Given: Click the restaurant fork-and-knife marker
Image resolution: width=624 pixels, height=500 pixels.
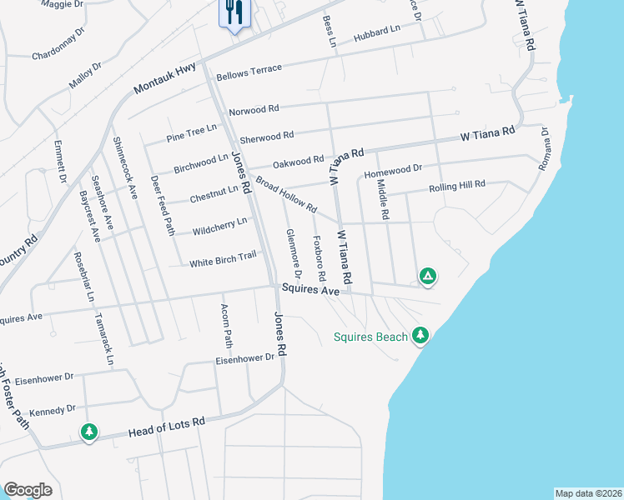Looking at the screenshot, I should pos(234,12).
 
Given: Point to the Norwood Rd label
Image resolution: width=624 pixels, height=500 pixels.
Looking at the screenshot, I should pos(254,110).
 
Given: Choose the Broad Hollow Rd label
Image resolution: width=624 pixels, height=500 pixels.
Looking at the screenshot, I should pos(286,194).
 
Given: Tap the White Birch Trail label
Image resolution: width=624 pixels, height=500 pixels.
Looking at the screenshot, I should pos(223,259).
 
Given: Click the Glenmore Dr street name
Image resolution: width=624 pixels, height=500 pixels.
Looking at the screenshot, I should pos(293,254).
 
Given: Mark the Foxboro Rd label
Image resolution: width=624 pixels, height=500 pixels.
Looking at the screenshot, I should pos(319,258).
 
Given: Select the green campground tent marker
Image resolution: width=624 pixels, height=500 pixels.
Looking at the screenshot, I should pos(427,276).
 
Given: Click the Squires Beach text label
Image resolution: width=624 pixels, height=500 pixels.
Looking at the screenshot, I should pos(370,337).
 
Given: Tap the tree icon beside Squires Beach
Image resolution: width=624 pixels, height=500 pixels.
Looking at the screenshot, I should pos(420,335).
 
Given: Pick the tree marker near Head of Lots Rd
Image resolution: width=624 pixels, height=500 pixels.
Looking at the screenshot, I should pos(88,432).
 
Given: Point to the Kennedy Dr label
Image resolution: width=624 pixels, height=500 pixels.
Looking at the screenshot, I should pos(52,410).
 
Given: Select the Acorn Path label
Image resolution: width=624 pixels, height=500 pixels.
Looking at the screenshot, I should pos(226,325).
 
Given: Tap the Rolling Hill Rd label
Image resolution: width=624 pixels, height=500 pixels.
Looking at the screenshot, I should pos(456,187).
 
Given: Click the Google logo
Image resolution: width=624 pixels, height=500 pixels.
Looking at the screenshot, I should pos(28,490).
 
